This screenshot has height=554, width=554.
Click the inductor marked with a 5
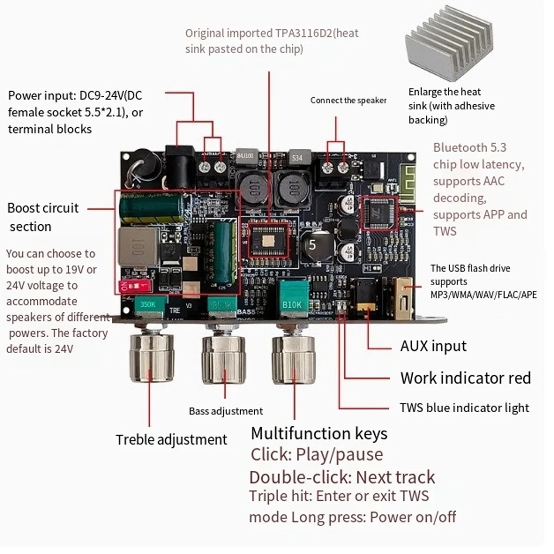pos(312,244)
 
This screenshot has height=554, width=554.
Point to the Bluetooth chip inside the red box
pos(380,213)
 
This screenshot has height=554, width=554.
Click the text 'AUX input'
pos(433,346)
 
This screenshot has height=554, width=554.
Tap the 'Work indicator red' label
pos(465,378)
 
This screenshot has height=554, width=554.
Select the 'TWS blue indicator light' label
pos(464,407)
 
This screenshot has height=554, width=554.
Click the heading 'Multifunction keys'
pos(319,433)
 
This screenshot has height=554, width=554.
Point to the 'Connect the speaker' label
pos(348,100)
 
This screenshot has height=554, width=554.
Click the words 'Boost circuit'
pos(43,208)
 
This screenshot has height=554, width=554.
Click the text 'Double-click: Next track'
pos(342,477)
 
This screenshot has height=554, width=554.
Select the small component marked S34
pos(297,157)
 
